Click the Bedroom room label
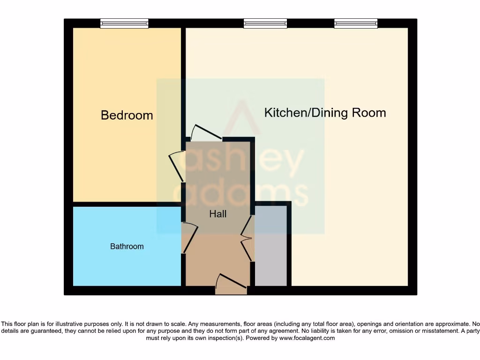pos(127,115)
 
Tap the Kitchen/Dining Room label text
pos(325,112)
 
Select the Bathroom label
pos(127,246)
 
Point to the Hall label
pos(218,214)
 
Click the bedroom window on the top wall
pos(124,23)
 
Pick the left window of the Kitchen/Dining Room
pos(265,23)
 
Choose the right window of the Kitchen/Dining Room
pos(356,23)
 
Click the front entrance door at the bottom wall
pos(231,284)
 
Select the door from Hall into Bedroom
pos(177,166)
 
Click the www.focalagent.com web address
pos(307,338)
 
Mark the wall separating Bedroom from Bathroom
pos(127,204)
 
